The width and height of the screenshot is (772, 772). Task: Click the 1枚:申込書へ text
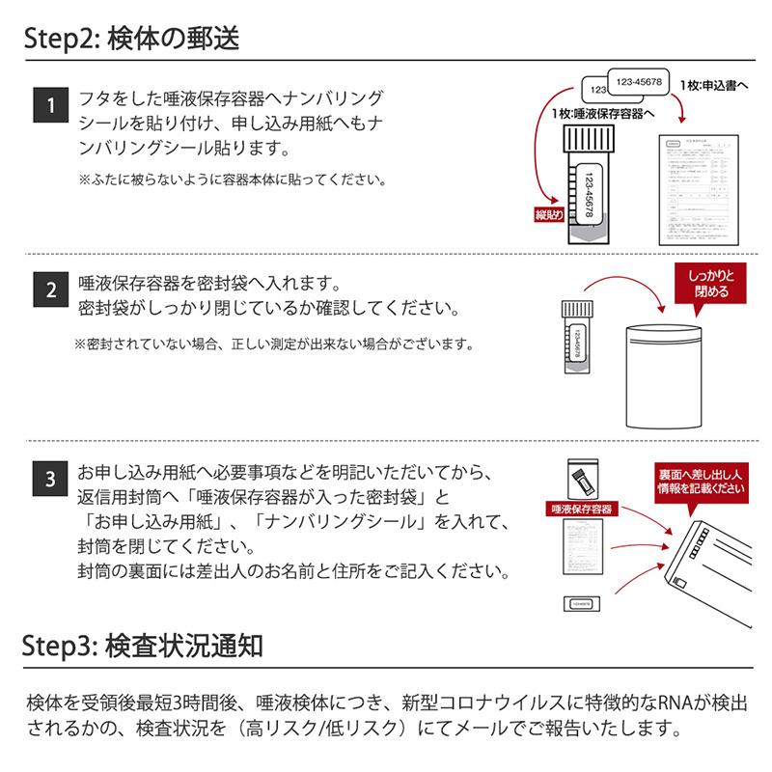tap(714, 87)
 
